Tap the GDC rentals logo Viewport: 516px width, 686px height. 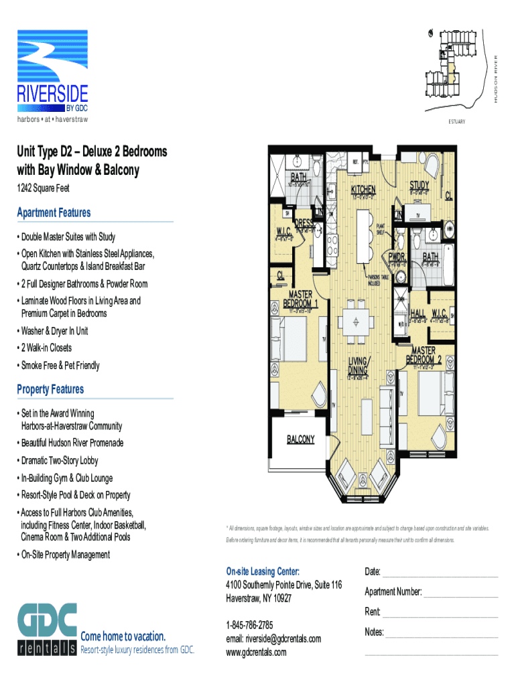coord(47,630)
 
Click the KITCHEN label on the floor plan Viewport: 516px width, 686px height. coord(363,190)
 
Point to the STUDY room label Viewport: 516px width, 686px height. coord(420,185)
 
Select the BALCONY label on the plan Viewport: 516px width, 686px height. coord(301,439)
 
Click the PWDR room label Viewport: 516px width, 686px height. coord(396,257)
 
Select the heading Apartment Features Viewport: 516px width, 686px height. coord(54,213)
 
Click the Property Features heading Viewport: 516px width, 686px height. coord(50,390)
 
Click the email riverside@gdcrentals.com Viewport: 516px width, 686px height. coord(273,638)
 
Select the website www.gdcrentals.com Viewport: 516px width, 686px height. coord(256,652)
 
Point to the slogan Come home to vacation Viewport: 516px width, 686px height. coord(123,636)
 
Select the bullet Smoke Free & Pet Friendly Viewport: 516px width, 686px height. coord(60,366)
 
